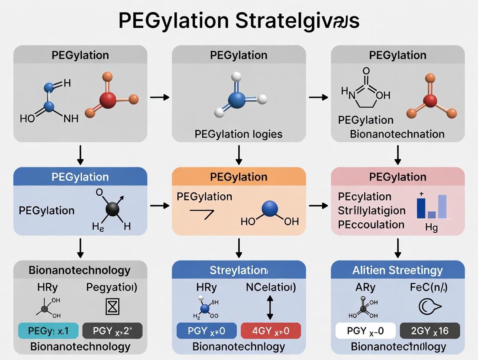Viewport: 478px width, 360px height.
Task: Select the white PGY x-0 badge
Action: pos(365,331)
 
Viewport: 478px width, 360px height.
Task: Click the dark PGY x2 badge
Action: pos(112,331)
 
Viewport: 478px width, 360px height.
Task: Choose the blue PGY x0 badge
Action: pos(207,331)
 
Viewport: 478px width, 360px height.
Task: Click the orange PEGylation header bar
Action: pos(239,177)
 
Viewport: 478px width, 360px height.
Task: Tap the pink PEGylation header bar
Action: pos(397,177)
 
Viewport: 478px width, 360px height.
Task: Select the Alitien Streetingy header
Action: pos(397,270)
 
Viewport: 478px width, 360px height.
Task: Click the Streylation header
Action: pos(239,270)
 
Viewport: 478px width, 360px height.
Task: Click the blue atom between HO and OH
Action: pos(270,209)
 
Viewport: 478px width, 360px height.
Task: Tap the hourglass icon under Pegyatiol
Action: pos(112,307)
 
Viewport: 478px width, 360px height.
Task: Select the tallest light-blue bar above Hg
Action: pos(442,206)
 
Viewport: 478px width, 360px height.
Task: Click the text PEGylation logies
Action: pos(239,134)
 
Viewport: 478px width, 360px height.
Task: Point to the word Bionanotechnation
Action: pos(397,134)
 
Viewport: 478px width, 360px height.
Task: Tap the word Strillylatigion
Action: pos(371,211)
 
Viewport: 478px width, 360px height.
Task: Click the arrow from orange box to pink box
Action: pos(318,206)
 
